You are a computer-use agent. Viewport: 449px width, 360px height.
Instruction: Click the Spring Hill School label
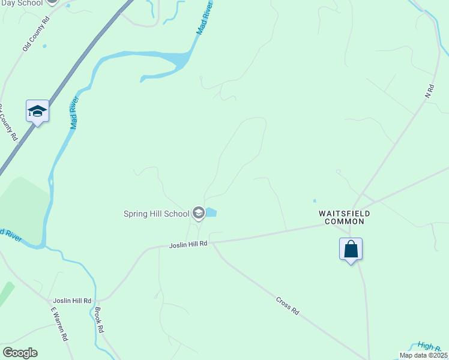click(156, 214)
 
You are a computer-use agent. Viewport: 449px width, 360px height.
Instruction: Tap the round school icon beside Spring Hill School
click(199, 213)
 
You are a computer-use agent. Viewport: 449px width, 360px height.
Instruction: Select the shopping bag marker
click(351, 248)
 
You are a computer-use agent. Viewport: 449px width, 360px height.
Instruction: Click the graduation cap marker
click(37, 111)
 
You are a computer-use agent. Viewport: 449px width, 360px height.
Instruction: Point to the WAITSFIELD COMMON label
click(344, 217)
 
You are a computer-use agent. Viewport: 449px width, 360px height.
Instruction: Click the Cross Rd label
click(287, 305)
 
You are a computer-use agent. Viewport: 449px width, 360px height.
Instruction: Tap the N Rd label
click(429, 91)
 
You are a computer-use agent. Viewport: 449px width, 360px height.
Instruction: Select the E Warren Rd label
click(59, 324)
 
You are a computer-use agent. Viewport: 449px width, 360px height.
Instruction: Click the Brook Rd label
click(100, 320)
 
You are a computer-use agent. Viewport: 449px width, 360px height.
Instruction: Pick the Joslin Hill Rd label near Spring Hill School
click(188, 244)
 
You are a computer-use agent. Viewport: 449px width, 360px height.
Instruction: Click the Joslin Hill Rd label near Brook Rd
click(72, 301)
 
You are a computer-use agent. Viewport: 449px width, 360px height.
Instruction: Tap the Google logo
click(20, 353)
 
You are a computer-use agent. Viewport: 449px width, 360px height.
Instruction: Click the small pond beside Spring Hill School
click(212, 212)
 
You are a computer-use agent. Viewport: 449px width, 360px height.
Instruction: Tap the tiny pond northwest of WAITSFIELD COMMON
click(313, 201)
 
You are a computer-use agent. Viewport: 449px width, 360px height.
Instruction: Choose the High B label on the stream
click(429, 346)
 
